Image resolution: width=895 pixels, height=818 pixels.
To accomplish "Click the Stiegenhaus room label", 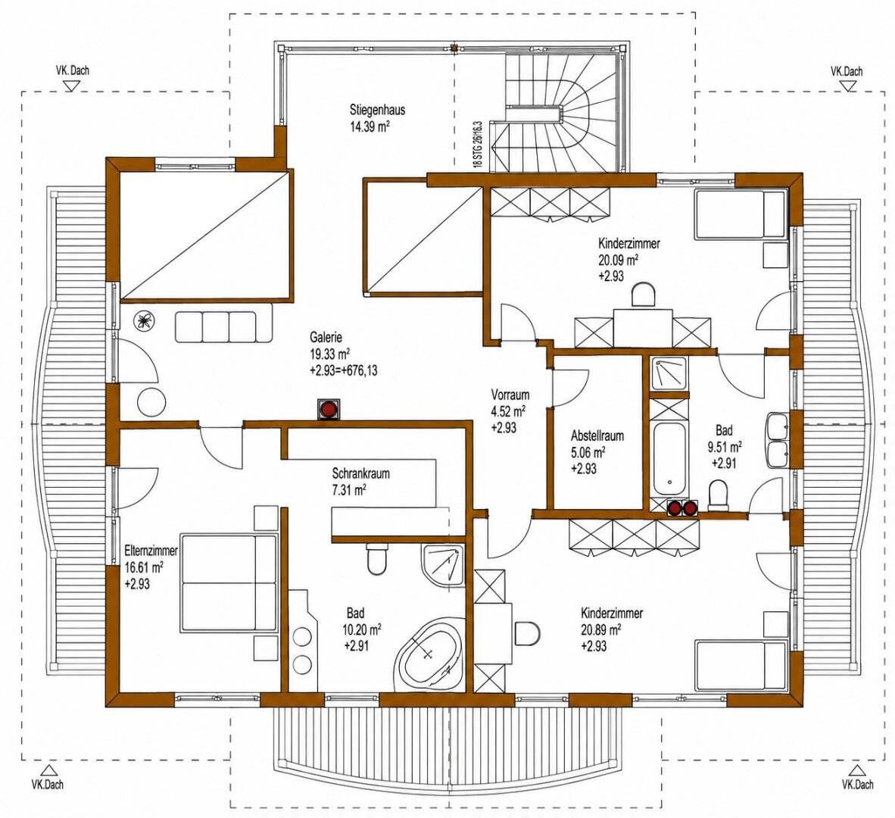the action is [x=377, y=110].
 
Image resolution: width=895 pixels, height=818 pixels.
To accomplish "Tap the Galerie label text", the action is [x=326, y=337].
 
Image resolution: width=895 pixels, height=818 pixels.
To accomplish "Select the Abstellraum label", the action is [x=597, y=436].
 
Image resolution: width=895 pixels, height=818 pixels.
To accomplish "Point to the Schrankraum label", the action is [x=360, y=473].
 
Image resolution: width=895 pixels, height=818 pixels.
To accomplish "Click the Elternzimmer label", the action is [x=151, y=551].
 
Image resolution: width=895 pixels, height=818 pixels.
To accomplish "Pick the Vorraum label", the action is [x=510, y=395].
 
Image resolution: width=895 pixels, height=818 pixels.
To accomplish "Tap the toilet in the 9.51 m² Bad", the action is [x=718, y=495].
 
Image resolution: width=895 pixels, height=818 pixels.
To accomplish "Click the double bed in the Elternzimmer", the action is [x=229, y=582].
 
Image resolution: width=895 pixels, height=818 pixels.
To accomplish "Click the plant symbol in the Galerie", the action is [x=142, y=322].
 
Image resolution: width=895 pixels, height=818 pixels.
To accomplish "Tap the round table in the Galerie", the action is [x=152, y=402].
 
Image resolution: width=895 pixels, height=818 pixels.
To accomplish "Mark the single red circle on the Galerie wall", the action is [x=329, y=409].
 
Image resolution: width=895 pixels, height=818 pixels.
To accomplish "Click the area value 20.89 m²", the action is [x=601, y=629].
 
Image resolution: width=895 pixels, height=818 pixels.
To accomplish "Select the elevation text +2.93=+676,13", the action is [x=344, y=370].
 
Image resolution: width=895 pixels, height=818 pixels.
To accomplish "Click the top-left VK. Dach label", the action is [x=73, y=70].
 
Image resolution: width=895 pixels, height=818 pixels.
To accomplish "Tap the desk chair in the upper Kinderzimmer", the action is [x=644, y=295].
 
